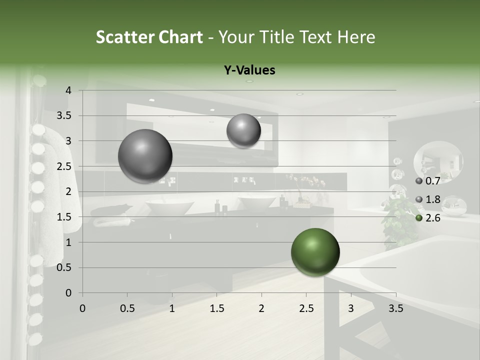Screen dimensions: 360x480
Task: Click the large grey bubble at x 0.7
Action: coord(145,156)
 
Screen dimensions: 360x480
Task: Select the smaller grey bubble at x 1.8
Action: coord(243,131)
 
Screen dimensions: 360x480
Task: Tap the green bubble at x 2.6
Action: coord(315,252)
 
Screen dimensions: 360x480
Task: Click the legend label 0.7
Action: coord(432,180)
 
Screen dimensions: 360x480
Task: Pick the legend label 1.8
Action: coord(432,199)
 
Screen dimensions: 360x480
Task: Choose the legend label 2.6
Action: coord(432,218)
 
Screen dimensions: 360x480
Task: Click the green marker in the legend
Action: coord(419,218)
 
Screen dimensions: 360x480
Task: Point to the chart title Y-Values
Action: coord(249,70)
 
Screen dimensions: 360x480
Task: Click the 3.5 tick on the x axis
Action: coord(395,308)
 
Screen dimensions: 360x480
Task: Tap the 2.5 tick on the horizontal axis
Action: coord(306,308)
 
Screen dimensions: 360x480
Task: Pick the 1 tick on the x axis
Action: coord(172,308)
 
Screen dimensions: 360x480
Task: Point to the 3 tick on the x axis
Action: coord(351,308)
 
